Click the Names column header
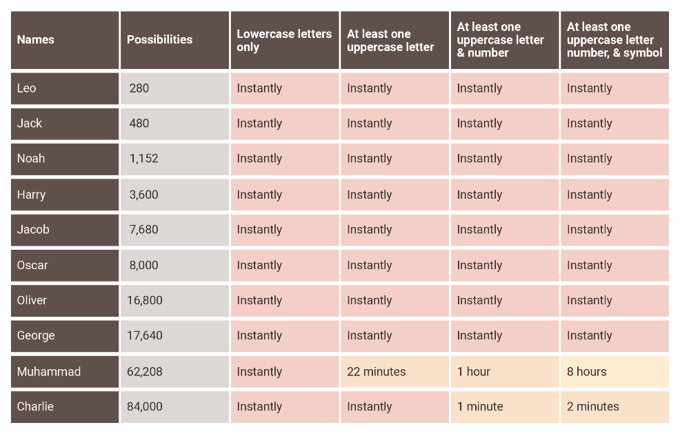(35, 40)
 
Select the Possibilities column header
(159, 40)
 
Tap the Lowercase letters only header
(283, 40)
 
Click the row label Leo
(27, 88)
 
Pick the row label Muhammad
(49, 371)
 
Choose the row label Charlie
(35, 406)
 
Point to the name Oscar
(32, 265)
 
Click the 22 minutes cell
(376, 371)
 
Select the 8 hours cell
(586, 371)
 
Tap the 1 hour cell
(473, 371)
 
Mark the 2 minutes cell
(592, 406)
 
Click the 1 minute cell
(479, 406)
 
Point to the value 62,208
(144, 371)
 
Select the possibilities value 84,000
(144, 406)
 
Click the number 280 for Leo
(139, 88)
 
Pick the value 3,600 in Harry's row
(143, 195)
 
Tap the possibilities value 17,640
(144, 335)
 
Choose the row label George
(36, 335)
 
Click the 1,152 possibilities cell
(143, 159)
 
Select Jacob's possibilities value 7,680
(143, 230)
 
